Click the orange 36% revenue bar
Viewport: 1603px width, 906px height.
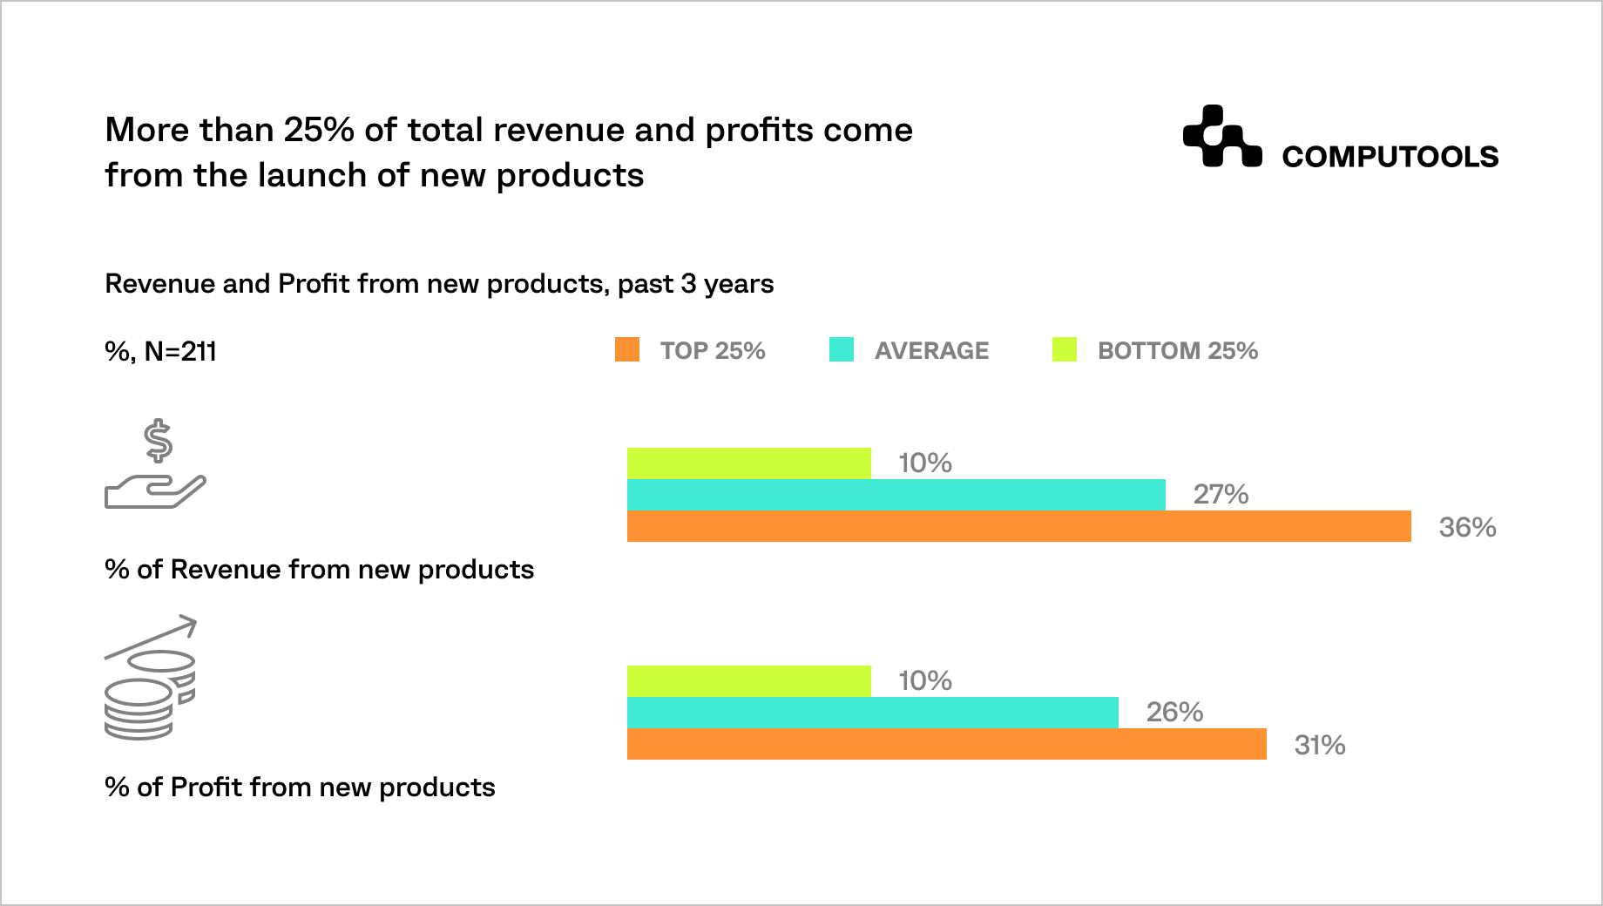1018,526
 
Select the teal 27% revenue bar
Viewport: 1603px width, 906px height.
896,495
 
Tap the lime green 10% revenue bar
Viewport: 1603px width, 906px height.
748,463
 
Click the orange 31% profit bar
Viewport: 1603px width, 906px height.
946,744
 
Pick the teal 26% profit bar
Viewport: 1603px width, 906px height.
872,713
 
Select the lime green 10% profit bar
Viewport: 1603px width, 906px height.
748,681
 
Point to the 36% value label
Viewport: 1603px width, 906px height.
1467,527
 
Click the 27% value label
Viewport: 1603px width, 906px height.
1221,495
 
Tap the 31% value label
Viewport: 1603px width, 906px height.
1319,745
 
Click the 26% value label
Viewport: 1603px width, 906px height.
1174,713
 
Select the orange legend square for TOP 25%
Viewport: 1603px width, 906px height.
627,350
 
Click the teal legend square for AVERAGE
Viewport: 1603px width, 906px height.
842,350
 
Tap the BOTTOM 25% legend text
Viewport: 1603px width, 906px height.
1177,350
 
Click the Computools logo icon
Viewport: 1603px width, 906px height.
1221,137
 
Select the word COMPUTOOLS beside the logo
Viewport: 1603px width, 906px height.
1390,157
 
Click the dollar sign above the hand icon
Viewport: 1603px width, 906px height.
159,441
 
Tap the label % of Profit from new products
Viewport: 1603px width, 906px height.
300,787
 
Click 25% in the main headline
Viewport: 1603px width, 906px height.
318,130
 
